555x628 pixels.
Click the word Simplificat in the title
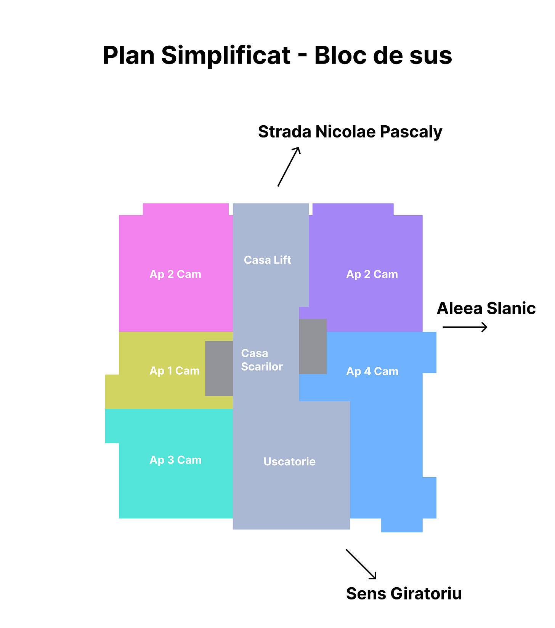[x=226, y=55]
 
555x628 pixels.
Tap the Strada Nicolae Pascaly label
[x=350, y=132]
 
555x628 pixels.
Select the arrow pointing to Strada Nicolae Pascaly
[x=289, y=167]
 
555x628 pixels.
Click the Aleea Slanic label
[x=486, y=308]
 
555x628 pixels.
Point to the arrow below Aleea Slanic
[x=465, y=327]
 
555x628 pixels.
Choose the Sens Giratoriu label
[x=404, y=594]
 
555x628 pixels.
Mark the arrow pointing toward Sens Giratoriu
[x=361, y=564]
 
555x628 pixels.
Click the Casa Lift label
[x=267, y=260]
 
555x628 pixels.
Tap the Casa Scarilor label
[x=262, y=360]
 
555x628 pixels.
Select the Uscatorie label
[x=289, y=462]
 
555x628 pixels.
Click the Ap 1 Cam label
[x=175, y=371]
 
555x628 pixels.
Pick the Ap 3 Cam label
[x=175, y=460]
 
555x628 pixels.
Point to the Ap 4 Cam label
[x=372, y=371]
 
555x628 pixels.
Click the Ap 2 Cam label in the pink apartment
[x=175, y=274]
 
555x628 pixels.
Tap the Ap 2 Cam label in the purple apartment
[x=372, y=274]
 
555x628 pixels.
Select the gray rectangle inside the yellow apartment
[x=219, y=368]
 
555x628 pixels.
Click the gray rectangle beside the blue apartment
[x=313, y=347]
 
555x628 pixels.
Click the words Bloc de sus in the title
[x=383, y=55]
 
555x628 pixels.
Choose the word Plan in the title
[x=128, y=55]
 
